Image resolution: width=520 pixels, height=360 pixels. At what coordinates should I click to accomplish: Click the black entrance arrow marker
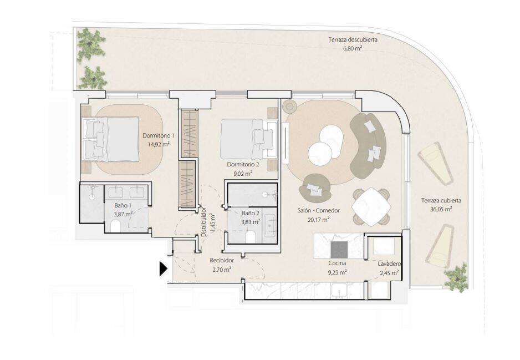pyautogui.click(x=163, y=269)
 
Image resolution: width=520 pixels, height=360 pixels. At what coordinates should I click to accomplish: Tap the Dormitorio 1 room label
pyautogui.click(x=158, y=135)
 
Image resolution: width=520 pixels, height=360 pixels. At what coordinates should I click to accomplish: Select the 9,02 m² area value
pyautogui.click(x=243, y=173)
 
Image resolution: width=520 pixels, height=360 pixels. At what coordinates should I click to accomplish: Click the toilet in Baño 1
pyautogui.click(x=116, y=226)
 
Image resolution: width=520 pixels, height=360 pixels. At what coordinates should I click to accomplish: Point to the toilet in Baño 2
pyautogui.click(x=251, y=237)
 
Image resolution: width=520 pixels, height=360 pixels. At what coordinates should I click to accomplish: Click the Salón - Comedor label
pyautogui.click(x=318, y=210)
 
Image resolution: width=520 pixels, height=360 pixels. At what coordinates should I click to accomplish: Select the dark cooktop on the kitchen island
pyautogui.click(x=339, y=250)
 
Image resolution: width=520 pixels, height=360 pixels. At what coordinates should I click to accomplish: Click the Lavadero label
pyautogui.click(x=389, y=264)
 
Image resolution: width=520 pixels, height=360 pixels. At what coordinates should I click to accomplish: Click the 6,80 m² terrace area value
pyautogui.click(x=353, y=48)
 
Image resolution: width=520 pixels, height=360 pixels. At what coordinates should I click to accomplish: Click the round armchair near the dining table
pyautogui.click(x=314, y=188)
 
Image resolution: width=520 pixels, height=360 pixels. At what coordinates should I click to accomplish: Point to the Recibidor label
pyautogui.click(x=222, y=261)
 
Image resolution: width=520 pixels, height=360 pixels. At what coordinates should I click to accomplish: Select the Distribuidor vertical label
pyautogui.click(x=203, y=222)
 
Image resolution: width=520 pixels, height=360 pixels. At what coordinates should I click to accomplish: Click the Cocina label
pyautogui.click(x=337, y=263)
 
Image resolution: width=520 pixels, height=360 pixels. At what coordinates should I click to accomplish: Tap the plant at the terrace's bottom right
pyautogui.click(x=456, y=277)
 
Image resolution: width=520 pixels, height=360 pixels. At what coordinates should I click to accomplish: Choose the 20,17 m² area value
pyautogui.click(x=319, y=219)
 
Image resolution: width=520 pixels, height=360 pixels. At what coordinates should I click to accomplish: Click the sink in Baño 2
pyautogui.click(x=271, y=226)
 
